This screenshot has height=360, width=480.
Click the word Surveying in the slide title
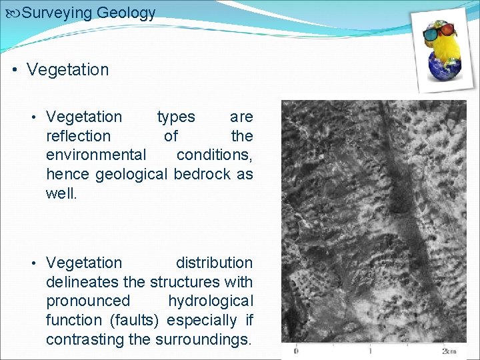(x=57, y=13)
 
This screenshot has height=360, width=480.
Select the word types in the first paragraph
(x=176, y=117)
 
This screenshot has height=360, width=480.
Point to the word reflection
(x=78, y=136)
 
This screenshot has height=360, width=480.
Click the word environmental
(x=96, y=155)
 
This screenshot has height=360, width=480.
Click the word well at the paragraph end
(x=61, y=194)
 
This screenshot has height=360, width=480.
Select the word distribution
(x=214, y=263)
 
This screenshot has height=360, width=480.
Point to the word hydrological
(x=210, y=301)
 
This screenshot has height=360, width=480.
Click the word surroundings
(x=203, y=340)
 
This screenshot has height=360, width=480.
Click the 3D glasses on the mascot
(x=439, y=30)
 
